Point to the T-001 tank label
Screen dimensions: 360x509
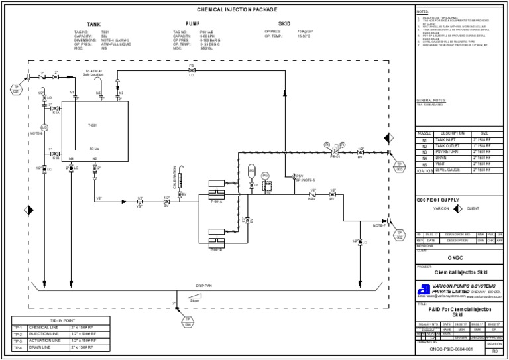pos(93,125)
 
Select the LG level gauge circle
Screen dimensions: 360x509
pos(44,127)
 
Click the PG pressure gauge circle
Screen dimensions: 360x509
pos(266,175)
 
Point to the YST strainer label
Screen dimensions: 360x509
pos(140,206)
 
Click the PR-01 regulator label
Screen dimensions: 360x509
pos(335,156)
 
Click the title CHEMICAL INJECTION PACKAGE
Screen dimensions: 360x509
pos(237,9)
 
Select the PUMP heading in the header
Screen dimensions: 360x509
pos(192,23)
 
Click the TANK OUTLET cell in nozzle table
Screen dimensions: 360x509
pos(449,146)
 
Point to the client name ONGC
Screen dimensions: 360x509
pos(459,257)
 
